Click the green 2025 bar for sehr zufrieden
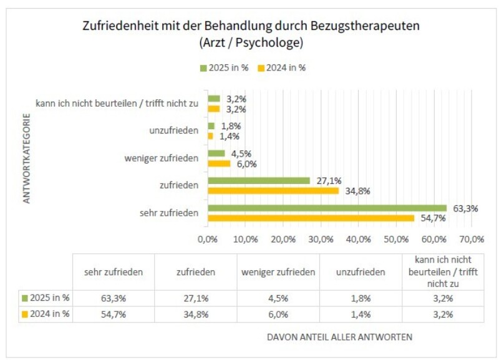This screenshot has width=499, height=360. click(327, 208)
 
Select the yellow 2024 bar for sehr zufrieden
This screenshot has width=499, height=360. click(311, 218)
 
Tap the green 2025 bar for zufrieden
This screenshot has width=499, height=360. click(258, 180)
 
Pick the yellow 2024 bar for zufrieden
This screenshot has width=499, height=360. click(273, 190)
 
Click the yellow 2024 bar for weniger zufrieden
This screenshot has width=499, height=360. click(219, 163)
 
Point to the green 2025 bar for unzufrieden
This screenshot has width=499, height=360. click(211, 126)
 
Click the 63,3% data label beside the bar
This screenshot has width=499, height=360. click(465, 208)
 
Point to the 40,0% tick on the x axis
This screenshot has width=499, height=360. click(359, 239)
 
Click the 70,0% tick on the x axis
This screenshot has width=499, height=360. click(472, 239)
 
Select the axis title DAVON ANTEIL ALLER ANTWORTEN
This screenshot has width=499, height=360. click(339, 338)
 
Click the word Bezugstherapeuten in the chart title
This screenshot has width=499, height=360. click(372, 27)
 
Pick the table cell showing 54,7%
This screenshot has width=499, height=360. click(114, 314)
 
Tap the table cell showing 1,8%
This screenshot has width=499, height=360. click(361, 298)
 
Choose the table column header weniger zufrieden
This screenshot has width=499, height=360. click(278, 272)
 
